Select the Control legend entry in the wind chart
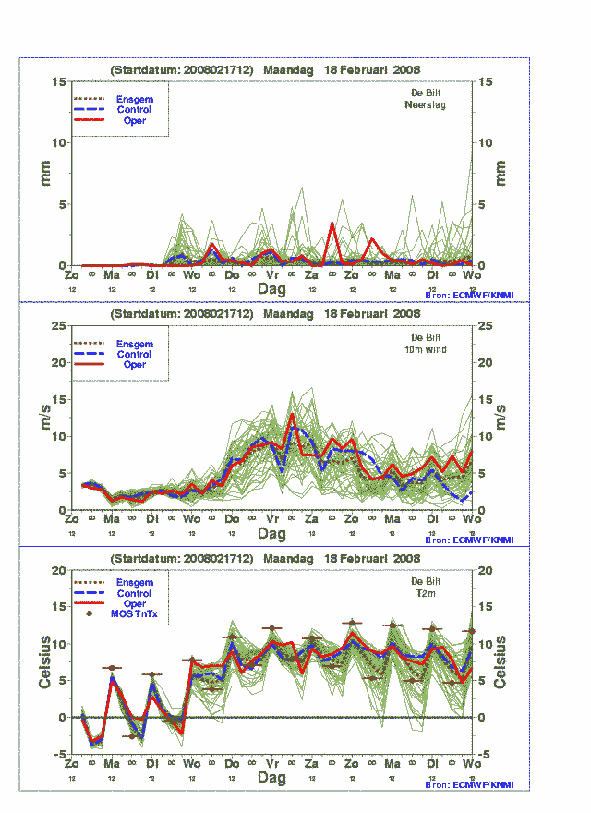(135, 354)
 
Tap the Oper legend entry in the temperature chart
(135, 604)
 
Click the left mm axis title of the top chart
(45, 173)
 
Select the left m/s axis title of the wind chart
(45, 418)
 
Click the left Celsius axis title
(45, 661)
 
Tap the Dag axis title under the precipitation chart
(271, 289)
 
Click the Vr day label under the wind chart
(272, 520)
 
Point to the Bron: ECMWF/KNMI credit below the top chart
(469, 296)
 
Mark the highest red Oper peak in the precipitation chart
(332, 224)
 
